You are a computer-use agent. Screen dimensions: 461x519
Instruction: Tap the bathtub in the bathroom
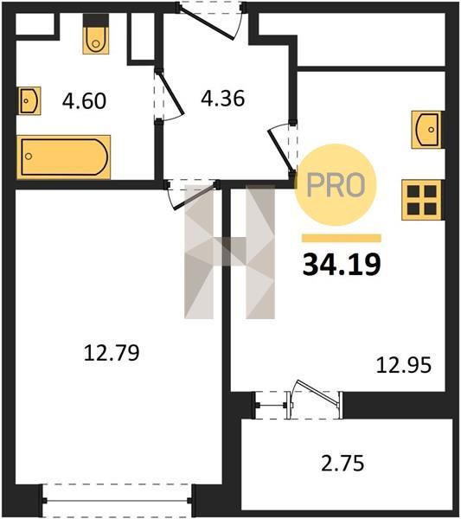(x=63, y=157)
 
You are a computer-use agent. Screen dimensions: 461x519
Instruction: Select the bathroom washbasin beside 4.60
(x=29, y=100)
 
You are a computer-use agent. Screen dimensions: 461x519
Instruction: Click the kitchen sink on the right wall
(x=426, y=130)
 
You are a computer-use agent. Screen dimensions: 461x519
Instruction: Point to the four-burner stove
(x=421, y=200)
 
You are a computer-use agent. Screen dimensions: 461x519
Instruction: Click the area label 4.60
(x=84, y=101)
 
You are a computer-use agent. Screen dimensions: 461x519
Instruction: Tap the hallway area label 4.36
(x=223, y=99)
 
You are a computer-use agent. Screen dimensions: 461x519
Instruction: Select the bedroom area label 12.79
(x=112, y=353)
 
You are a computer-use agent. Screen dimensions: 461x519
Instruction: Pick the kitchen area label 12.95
(x=404, y=365)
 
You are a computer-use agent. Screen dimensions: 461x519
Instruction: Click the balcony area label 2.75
(x=343, y=463)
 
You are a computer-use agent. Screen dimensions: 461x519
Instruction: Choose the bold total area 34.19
(x=342, y=264)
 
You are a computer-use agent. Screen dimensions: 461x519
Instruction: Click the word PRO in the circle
(x=336, y=185)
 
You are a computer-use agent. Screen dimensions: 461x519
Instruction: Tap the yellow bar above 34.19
(x=341, y=239)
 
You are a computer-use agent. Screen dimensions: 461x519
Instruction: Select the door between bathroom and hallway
(x=170, y=93)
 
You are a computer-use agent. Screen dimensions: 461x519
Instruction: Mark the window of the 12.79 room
(x=117, y=501)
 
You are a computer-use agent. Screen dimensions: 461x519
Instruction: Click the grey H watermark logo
(x=230, y=252)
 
